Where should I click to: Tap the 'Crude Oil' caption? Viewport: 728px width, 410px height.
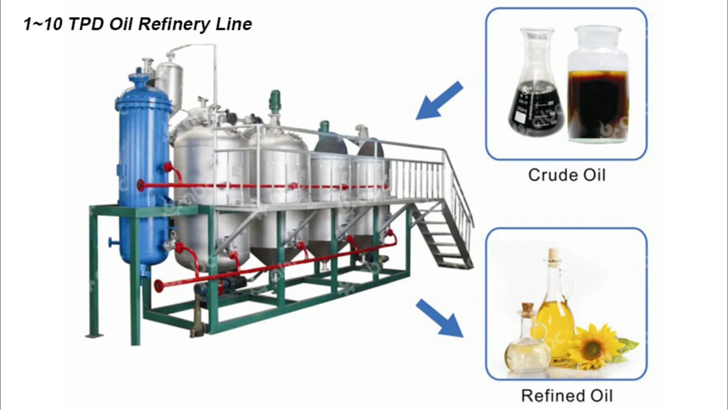566,175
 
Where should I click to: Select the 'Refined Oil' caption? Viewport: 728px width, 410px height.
566,396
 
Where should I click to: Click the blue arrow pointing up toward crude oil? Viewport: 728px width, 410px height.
440,101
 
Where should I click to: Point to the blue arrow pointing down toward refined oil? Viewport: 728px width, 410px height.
440,318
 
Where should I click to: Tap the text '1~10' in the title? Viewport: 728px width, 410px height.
43,24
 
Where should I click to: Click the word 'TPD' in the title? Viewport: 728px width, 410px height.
86,24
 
